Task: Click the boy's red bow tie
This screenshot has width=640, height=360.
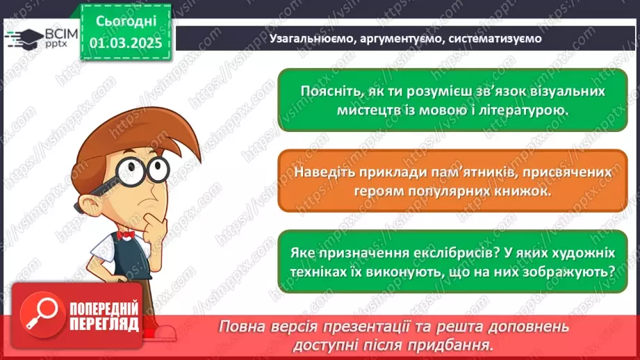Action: point(125,234)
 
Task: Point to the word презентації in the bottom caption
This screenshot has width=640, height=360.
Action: point(370,327)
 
